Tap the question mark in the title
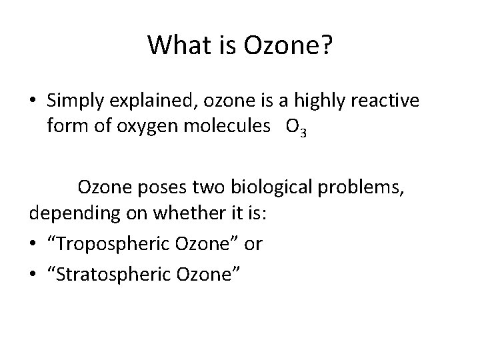pos(327,45)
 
